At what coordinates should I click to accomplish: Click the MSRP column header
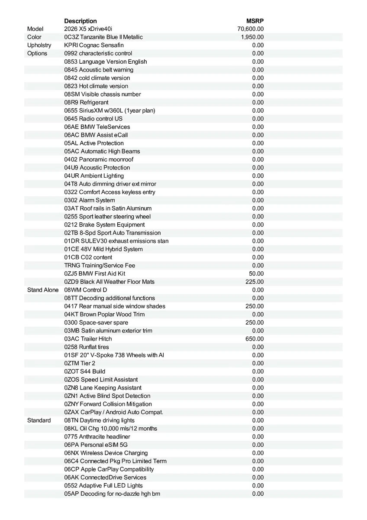[255, 21]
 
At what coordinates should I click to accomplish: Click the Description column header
[80, 21]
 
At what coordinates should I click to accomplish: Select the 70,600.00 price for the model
[251, 29]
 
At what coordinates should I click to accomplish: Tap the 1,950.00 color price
[252, 37]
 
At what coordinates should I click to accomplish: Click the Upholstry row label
[39, 45]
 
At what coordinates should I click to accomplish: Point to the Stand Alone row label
[43, 290]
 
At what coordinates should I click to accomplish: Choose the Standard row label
[39, 420]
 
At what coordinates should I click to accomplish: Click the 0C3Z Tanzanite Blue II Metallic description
[103, 37]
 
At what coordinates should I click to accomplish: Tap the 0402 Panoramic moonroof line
[99, 159]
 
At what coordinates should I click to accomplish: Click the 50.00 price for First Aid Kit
[256, 273]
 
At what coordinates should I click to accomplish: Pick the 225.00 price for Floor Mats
[254, 282]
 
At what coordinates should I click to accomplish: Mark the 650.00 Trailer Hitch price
[254, 339]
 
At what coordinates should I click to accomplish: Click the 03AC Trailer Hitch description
[88, 339]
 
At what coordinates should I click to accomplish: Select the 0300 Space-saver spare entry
[96, 322]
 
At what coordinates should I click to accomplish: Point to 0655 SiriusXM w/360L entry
[109, 110]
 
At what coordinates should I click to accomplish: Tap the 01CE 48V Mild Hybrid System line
[103, 249]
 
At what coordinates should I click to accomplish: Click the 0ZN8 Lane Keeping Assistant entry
[103, 388]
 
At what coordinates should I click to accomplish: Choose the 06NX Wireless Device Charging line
[106, 453]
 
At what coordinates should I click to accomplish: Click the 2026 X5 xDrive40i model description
[88, 29]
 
